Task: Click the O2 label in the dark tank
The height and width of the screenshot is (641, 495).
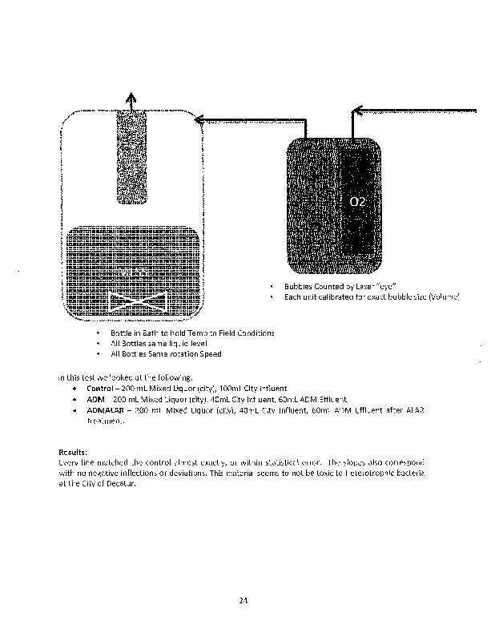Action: pyautogui.click(x=357, y=201)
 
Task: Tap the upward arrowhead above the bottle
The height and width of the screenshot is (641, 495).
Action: pyautogui.click(x=131, y=96)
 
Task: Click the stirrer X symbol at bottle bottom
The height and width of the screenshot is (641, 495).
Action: pyautogui.click(x=137, y=304)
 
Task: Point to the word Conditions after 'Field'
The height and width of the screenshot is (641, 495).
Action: pyautogui.click(x=252, y=333)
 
